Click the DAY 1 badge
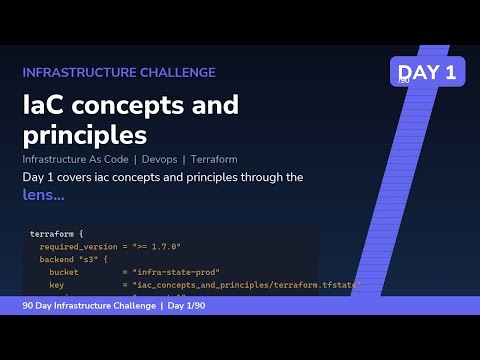(427, 71)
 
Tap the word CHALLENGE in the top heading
(182, 73)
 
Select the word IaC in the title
(45, 106)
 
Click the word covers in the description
(81, 177)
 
